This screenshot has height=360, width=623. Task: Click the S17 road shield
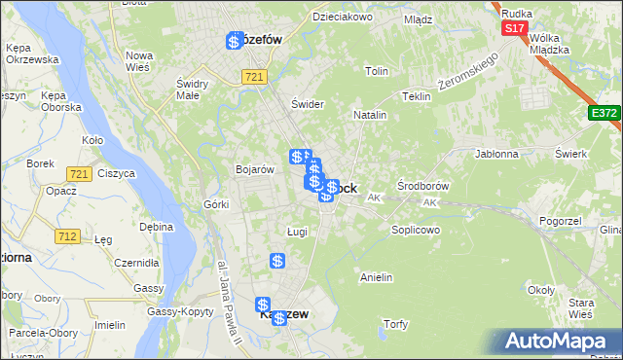pos(514,29)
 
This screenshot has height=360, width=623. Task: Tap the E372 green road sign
pos(604,114)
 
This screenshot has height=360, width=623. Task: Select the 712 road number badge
pos(67,236)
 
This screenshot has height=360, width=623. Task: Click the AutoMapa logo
pos(563,342)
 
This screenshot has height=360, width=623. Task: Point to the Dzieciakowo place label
pos(343,17)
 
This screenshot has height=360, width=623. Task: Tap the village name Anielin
pos(376,278)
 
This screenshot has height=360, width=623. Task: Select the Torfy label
pos(395,324)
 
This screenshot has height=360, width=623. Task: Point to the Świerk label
pos(569,154)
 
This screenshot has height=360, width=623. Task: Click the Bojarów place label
pos(254,169)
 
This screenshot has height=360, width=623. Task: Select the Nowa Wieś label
pos(139,60)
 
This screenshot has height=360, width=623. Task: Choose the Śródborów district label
pos(422,185)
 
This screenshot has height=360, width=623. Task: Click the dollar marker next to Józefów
pos(235,41)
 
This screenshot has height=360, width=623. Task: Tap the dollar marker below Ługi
pos(277,261)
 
